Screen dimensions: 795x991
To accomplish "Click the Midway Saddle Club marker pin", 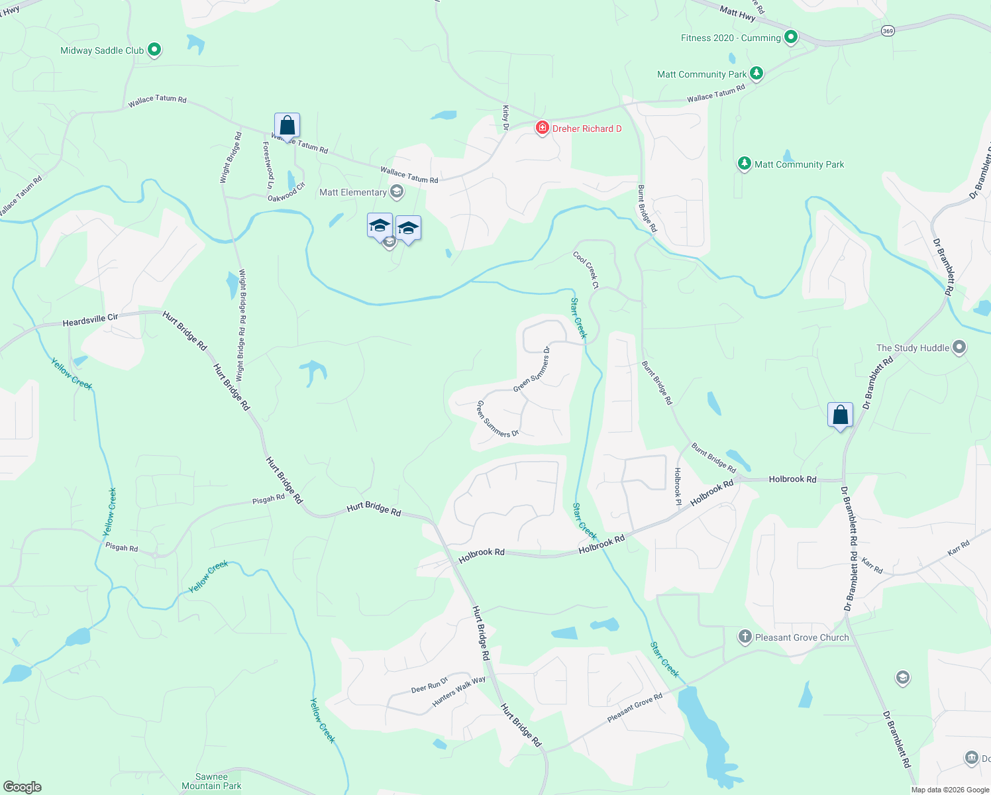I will pos(154,50).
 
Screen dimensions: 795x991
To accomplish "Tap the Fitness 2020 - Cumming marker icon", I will pos(790,37).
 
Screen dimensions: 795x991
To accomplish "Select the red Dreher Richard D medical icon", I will pos(543,128).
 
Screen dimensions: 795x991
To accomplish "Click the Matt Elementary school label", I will pos(353,193).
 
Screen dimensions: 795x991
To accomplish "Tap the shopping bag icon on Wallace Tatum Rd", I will pos(287,125).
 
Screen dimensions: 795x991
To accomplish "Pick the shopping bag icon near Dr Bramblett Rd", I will pos(840,415).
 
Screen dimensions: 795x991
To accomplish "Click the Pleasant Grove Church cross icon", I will pos(745,637).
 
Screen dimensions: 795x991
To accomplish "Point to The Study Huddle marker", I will pos(959,347).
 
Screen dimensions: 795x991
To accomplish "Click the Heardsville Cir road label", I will pos(90,321).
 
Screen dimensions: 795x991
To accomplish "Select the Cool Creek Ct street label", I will pos(586,270).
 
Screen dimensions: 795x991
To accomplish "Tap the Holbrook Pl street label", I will pos(678,487).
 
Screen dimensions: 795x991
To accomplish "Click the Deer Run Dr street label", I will pos(429,685).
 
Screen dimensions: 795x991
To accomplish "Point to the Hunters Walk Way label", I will pos(459,691).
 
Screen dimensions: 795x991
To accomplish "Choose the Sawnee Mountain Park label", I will pos(211,782).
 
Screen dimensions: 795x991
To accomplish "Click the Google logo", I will pos(23,786).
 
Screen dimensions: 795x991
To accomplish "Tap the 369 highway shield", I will pos(888,30).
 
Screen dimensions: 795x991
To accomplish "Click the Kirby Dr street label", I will pos(506,117).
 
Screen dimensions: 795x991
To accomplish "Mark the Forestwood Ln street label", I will pos(268,165).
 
